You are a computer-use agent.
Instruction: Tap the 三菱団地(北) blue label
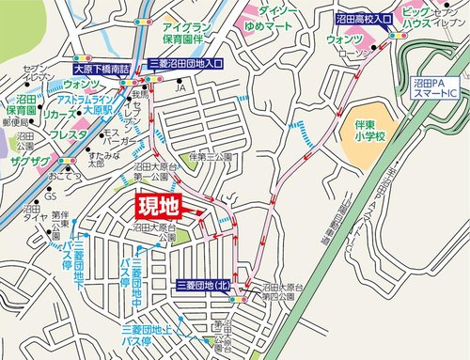pyautogui.click(x=203, y=285)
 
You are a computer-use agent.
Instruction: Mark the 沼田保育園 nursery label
pyautogui.click(x=19, y=103)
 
